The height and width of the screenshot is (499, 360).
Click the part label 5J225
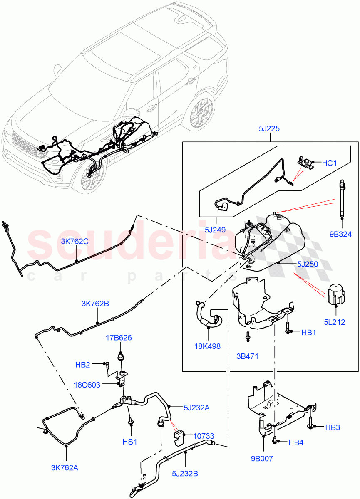268,129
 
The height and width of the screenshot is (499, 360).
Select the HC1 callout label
329,163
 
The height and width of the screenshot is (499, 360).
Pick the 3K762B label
95,304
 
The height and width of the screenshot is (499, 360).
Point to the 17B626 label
119,338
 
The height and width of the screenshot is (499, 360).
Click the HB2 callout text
83,365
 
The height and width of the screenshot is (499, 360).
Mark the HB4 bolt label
296,442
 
